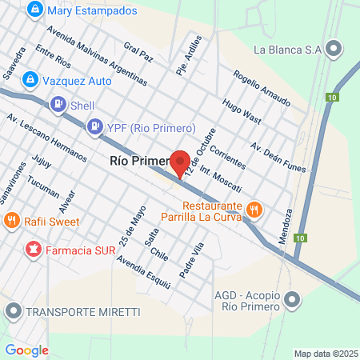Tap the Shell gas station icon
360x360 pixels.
[x=58, y=105]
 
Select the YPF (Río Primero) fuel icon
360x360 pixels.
[x=94, y=126]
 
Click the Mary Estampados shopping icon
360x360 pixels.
[x=34, y=11]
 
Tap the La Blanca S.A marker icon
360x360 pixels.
[x=334, y=48]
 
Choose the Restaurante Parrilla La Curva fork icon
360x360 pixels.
[x=254, y=210]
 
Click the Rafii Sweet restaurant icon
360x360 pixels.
[x=11, y=220]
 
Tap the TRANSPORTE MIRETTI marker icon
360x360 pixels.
[x=12, y=310]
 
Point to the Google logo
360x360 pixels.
[x=26, y=350]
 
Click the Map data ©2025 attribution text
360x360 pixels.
[x=325, y=353]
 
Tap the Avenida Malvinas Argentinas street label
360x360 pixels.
[x=96, y=58]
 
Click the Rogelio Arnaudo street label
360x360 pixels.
[x=261, y=90]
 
